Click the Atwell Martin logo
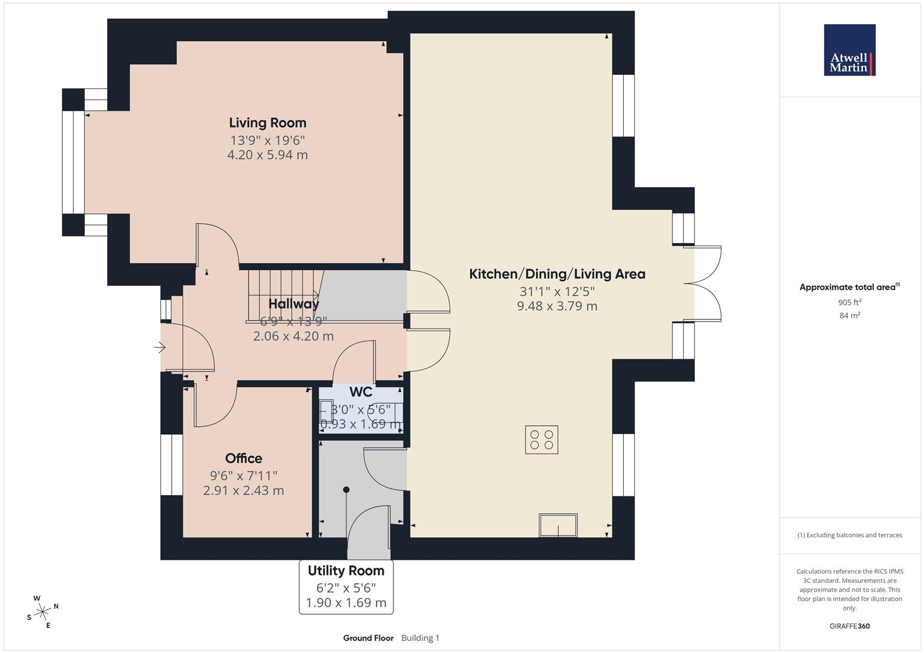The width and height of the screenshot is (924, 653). pyautogui.click(x=849, y=50)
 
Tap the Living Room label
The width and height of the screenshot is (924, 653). pyautogui.click(x=267, y=123)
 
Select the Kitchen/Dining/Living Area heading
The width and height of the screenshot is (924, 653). pyautogui.click(x=557, y=274)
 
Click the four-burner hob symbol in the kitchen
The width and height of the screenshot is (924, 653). pyautogui.click(x=541, y=440)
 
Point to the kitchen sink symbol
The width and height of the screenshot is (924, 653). pyautogui.click(x=558, y=525)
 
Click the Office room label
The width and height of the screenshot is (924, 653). pyautogui.click(x=243, y=458)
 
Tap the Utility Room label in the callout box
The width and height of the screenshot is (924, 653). pyautogui.click(x=346, y=571)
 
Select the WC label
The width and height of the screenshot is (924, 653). pyautogui.click(x=361, y=392)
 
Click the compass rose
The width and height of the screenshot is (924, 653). pyautogui.click(x=42, y=612)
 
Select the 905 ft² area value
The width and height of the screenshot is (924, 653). pyautogui.click(x=850, y=302)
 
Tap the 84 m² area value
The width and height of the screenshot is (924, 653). pyautogui.click(x=850, y=315)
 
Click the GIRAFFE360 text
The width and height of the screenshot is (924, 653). pyautogui.click(x=850, y=626)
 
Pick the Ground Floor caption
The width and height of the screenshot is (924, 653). pyautogui.click(x=368, y=638)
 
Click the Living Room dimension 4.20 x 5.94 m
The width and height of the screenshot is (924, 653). pyautogui.click(x=267, y=155)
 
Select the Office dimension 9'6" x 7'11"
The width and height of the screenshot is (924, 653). pyautogui.click(x=243, y=475)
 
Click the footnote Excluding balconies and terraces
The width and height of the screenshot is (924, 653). pyautogui.click(x=850, y=535)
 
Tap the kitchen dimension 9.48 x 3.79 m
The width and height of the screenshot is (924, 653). pyautogui.click(x=557, y=306)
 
